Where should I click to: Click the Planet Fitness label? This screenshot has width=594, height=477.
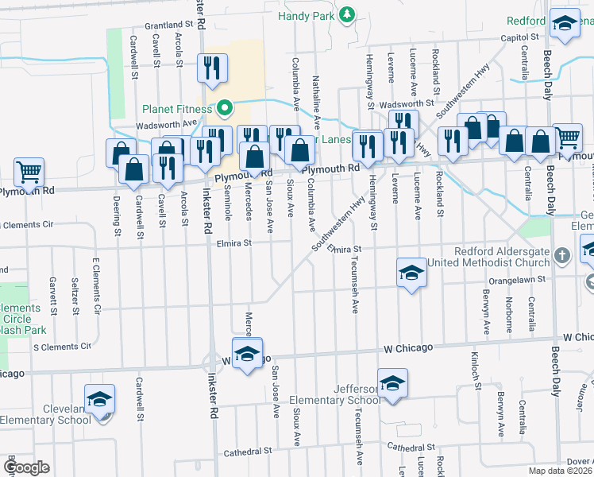pyautogui.click(x=179, y=110)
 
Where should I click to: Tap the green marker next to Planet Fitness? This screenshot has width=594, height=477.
pyautogui.click(x=225, y=108)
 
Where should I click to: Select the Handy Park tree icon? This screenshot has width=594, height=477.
pyautogui.click(x=347, y=14)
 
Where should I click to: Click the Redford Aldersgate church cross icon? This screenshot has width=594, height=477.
pyautogui.click(x=563, y=256)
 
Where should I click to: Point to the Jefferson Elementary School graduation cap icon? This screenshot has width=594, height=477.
pyautogui.click(x=392, y=384)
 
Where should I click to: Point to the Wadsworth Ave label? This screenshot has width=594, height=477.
pyautogui.click(x=166, y=124)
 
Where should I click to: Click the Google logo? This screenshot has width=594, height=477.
pyautogui.click(x=26, y=467)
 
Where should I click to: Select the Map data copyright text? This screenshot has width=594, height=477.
pyautogui.click(x=561, y=471)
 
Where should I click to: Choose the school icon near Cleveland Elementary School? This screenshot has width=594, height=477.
pyautogui.click(x=100, y=400)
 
